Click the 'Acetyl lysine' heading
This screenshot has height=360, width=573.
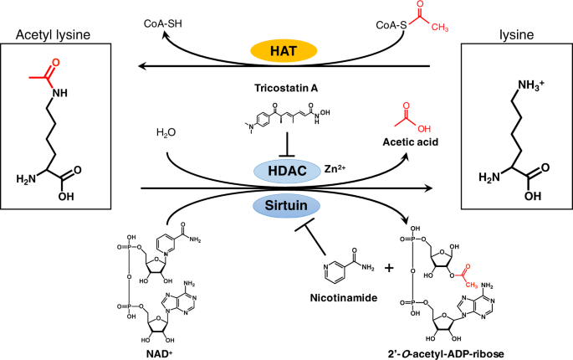pos(52,33)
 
